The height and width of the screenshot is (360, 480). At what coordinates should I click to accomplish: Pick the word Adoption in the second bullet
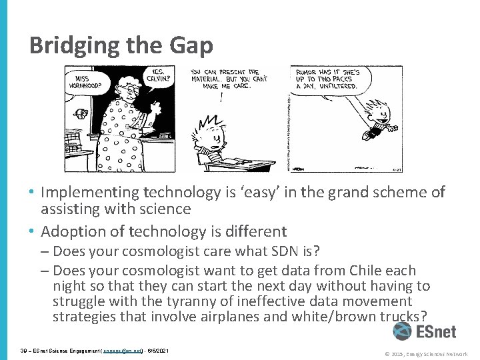pyautogui.click(x=71, y=231)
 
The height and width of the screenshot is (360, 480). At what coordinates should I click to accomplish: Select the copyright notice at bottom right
pyautogui.click(x=427, y=353)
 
